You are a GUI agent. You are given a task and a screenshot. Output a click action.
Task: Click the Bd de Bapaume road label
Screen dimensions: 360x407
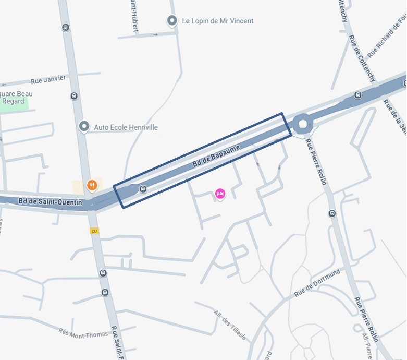pyautogui.click(x=216, y=156)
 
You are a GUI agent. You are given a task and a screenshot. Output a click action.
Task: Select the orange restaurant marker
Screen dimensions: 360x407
pyautogui.click(x=92, y=185)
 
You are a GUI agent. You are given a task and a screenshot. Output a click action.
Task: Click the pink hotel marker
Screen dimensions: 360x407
pyautogui.click(x=220, y=194)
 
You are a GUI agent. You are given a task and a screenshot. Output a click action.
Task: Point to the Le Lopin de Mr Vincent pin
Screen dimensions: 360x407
pyautogui.click(x=172, y=21)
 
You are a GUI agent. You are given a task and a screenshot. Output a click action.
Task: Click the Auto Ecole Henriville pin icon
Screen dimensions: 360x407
pyautogui.click(x=84, y=126)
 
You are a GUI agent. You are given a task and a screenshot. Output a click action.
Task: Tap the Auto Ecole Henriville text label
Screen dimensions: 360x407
pyautogui.click(x=126, y=127)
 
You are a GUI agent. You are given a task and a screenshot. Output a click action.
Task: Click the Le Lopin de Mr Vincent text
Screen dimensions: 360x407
pyautogui.click(x=218, y=21)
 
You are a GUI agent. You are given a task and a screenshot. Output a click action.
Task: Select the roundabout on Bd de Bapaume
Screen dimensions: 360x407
pyautogui.click(x=302, y=124)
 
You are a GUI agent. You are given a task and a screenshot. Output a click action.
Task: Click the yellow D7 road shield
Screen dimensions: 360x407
pyautogui.click(x=94, y=231)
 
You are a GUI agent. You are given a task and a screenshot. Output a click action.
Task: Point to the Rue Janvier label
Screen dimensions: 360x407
pyautogui.click(x=48, y=79)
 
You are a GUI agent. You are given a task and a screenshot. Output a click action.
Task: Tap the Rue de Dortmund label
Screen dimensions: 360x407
pyautogui.click(x=317, y=283)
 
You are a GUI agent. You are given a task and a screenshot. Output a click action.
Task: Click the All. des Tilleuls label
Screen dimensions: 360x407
pyautogui.click(x=230, y=326)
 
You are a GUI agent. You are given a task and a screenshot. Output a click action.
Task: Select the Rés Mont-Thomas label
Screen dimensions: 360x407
pyautogui.click(x=84, y=334)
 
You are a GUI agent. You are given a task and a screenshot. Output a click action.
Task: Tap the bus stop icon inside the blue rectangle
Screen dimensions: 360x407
pyautogui.click(x=143, y=189)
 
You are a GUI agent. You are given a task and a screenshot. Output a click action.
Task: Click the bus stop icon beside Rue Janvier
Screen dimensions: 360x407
pyautogui.click(x=74, y=96)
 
